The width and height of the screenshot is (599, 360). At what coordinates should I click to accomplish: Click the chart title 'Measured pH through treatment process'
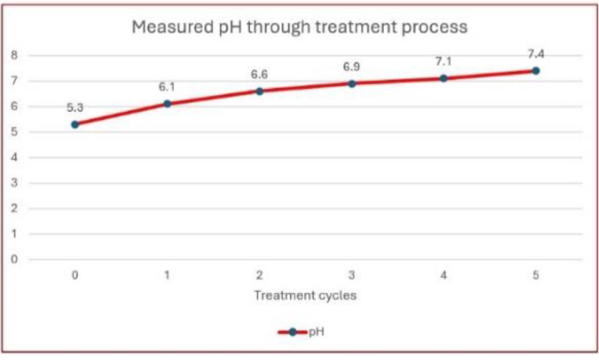[299, 28]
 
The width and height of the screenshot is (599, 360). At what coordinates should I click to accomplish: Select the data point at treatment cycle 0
[75, 124]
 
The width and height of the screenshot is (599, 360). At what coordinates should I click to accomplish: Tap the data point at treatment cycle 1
[167, 104]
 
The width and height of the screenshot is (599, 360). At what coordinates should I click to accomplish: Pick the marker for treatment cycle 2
[259, 91]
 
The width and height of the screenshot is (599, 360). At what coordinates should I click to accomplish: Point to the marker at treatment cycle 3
[351, 84]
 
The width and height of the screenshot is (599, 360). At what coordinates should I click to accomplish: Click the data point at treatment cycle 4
[444, 78]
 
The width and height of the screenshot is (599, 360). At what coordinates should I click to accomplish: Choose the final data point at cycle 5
[536, 71]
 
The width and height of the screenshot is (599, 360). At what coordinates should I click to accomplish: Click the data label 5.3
[75, 107]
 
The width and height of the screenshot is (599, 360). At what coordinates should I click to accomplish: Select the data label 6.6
[259, 75]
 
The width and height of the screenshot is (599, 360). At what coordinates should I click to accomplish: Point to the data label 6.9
[351, 67]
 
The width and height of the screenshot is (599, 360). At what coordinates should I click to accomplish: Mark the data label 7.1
[444, 61]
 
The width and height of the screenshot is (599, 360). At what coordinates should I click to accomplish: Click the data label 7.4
[536, 54]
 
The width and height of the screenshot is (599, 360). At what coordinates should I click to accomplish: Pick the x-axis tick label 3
[351, 275]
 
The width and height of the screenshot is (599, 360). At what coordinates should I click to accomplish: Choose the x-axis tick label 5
[536, 275]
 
